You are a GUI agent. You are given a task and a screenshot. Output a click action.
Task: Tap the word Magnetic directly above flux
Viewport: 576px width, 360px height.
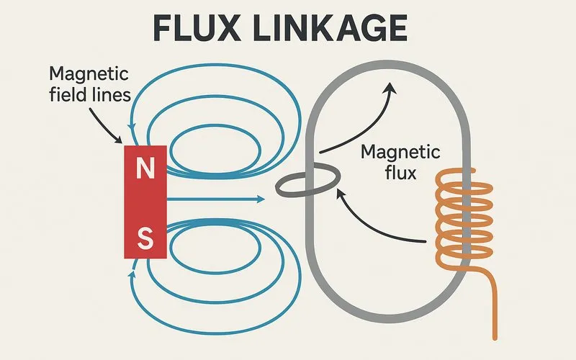pyautogui.click(x=399, y=153)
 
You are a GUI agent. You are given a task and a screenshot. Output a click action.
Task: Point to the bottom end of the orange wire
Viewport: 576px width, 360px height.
pyautogui.click(x=495, y=336)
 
